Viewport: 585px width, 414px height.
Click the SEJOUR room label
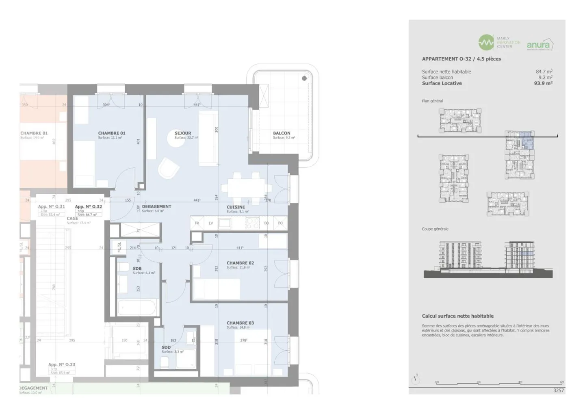tap(183, 133)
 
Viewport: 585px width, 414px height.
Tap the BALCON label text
tap(282, 133)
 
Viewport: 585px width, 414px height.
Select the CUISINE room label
tap(236, 207)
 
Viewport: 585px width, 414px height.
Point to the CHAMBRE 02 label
tap(240, 263)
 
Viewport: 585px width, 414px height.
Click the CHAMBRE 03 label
tap(240, 323)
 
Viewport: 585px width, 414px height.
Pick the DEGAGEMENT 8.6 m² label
tap(156, 207)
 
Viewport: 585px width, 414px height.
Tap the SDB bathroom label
tap(137, 269)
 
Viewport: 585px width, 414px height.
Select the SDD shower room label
tap(166, 347)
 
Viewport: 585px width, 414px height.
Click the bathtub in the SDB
tap(138, 308)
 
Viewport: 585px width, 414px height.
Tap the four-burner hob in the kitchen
tap(253, 223)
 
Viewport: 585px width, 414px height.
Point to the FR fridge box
tap(197, 223)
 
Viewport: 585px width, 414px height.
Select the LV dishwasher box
tap(211, 223)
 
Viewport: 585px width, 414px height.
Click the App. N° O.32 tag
tap(89, 207)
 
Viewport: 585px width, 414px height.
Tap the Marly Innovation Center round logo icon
tap(486, 42)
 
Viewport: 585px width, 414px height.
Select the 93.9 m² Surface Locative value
tap(543, 83)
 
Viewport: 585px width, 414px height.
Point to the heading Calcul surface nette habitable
tap(457, 316)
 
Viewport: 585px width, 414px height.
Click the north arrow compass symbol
tap(416, 379)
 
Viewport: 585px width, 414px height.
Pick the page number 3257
tap(559, 390)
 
